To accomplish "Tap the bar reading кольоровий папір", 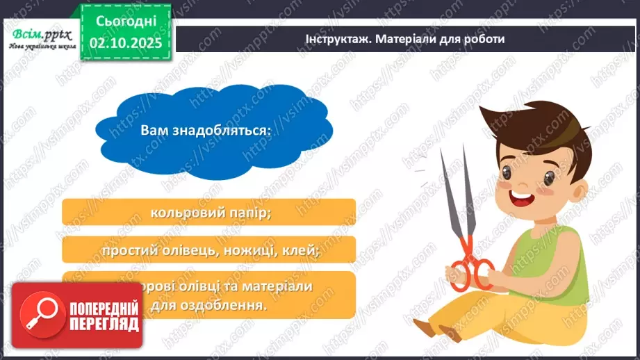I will click(208, 213).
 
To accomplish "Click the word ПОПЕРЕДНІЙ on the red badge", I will click(104, 309).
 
